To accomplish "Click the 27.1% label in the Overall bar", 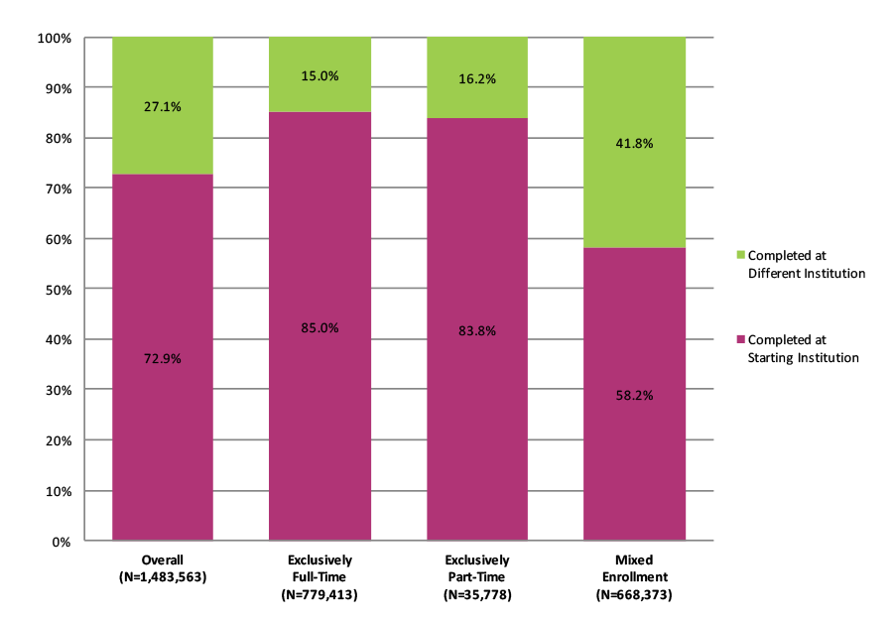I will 163,107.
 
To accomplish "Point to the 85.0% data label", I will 319,327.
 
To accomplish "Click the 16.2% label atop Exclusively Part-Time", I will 477,79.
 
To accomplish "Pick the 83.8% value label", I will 477,330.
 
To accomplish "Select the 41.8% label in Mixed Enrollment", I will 634,143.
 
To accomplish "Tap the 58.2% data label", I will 634,395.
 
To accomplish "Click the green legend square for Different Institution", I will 740,254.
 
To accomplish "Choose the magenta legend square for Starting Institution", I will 740,339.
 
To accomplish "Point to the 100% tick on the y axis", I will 55,38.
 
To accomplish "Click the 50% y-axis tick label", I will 58,290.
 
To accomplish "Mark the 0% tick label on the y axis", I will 62,542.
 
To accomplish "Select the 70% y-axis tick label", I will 58,188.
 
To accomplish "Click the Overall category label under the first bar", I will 163,559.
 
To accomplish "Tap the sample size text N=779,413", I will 319,595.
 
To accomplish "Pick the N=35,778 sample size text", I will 477,595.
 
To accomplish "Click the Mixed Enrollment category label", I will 634,567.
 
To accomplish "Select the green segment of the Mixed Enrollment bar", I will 634,198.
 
